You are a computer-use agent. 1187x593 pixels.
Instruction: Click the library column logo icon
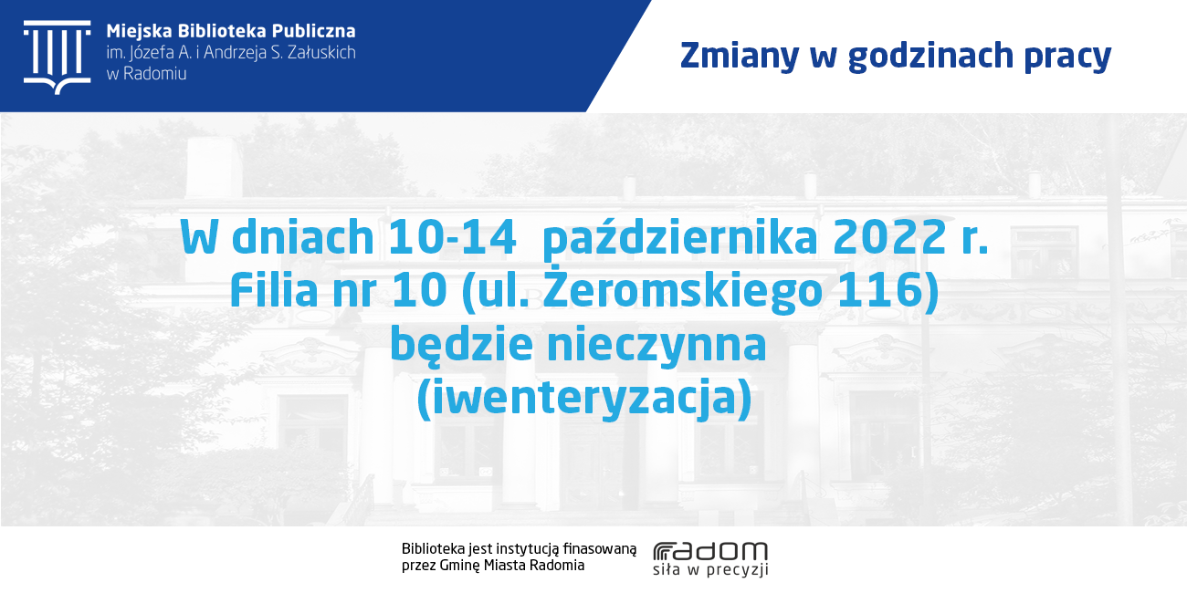tap(57, 57)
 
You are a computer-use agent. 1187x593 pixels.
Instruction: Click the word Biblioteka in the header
tap(222, 31)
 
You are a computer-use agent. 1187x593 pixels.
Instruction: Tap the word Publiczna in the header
tap(314, 32)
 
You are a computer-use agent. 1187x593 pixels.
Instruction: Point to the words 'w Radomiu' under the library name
tap(147, 74)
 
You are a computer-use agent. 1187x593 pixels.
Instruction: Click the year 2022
tap(889, 237)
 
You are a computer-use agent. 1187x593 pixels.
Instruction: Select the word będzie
tap(461, 345)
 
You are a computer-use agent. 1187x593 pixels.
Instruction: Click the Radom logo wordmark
tap(710, 552)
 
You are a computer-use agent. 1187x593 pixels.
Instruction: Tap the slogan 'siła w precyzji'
tap(710, 570)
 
